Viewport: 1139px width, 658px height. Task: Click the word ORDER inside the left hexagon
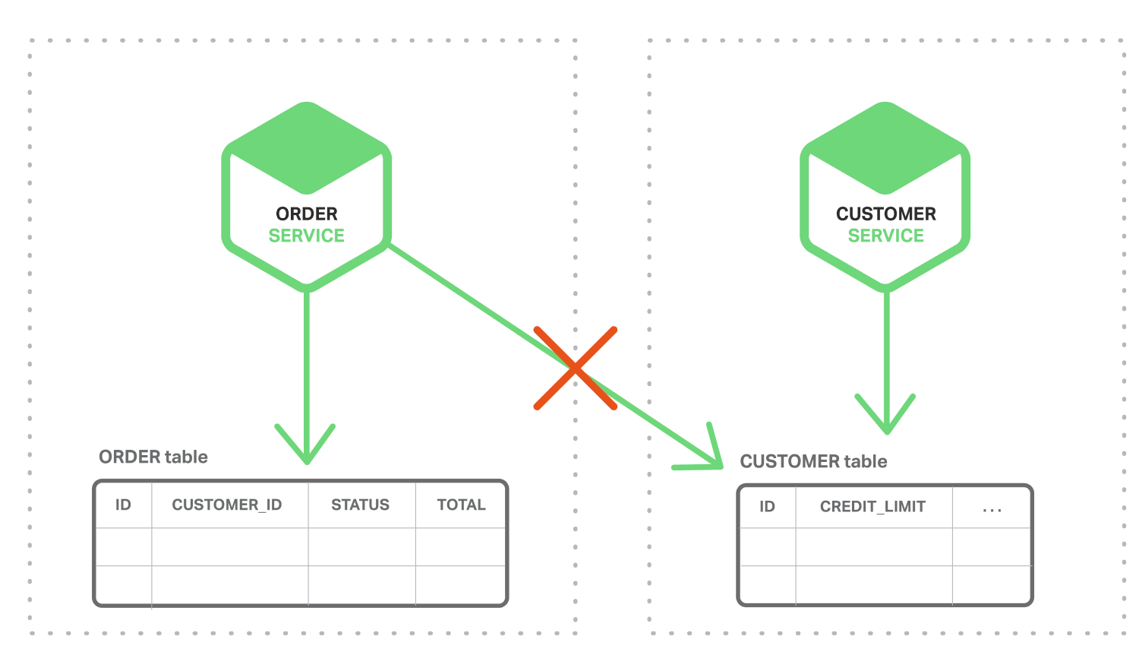click(x=307, y=214)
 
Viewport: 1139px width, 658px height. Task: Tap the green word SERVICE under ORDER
click(x=307, y=236)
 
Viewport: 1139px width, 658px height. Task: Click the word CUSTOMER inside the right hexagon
click(x=886, y=214)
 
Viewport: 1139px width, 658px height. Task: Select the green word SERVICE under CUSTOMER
click(x=886, y=236)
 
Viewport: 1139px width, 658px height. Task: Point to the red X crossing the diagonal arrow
click(x=576, y=369)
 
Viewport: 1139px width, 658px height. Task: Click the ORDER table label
click(x=153, y=457)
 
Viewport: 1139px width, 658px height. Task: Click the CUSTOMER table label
click(x=814, y=461)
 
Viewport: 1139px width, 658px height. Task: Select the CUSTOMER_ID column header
click(x=227, y=505)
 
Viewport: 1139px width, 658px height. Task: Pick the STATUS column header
click(x=361, y=505)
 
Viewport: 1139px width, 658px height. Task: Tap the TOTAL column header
click(x=462, y=505)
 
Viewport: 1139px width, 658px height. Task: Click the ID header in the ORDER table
click(x=123, y=505)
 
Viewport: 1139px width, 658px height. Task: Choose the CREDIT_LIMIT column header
click(x=873, y=507)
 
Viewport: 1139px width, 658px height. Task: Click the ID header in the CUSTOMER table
click(x=768, y=507)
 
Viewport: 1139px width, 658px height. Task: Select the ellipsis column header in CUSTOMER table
click(x=992, y=508)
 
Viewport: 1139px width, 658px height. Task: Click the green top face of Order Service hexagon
click(x=307, y=148)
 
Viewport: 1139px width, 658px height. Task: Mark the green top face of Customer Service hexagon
click(x=885, y=148)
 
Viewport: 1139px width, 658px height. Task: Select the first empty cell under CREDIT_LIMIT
click(x=873, y=547)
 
